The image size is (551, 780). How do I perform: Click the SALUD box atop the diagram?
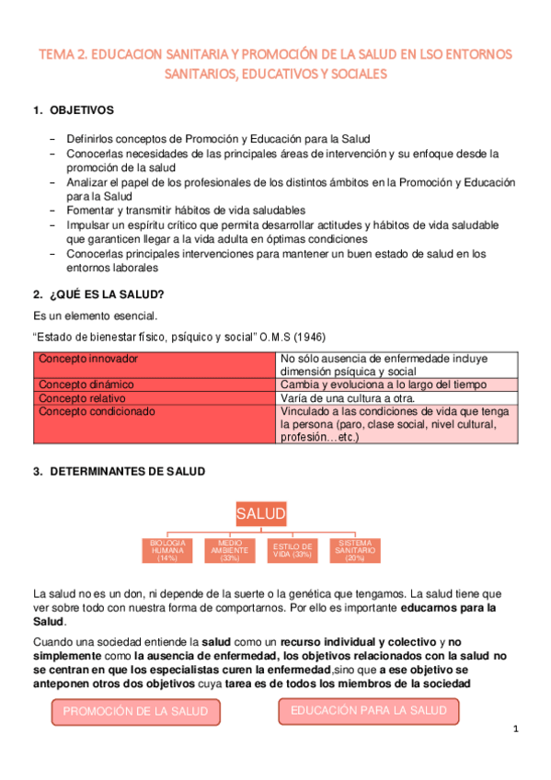click(260, 512)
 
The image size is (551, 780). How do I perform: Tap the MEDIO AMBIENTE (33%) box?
click(230, 550)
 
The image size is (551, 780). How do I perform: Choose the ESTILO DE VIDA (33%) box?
click(293, 550)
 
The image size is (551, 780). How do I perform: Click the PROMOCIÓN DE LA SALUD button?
click(135, 712)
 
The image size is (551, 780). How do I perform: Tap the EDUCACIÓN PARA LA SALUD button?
click(368, 711)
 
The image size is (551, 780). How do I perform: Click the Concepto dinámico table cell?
click(155, 384)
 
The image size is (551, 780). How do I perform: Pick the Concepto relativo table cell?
click(155, 398)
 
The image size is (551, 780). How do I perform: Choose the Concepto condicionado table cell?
click(155, 425)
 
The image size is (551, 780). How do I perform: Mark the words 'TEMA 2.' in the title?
click(62, 54)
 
